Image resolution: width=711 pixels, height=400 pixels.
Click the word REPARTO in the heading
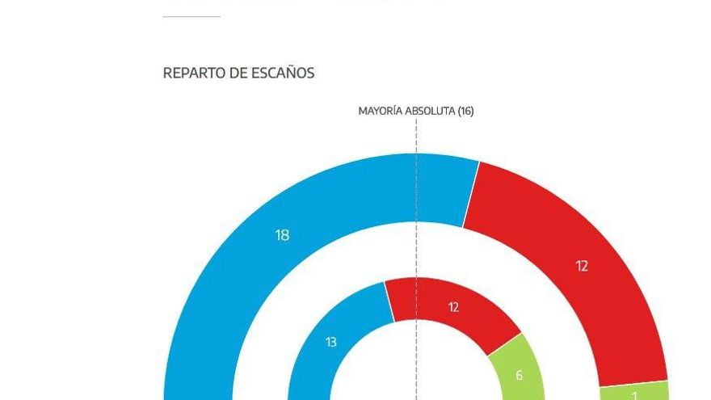(193, 73)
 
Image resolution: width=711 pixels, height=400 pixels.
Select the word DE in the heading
(238, 73)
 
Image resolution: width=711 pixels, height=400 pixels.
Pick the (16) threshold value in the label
(465, 111)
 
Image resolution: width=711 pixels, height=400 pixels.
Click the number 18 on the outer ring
(282, 235)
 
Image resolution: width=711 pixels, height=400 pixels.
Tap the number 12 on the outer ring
(582, 266)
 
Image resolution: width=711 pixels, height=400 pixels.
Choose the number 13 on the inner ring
(330, 342)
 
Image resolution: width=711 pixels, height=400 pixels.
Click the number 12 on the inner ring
(453, 307)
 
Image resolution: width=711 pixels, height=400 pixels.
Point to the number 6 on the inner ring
(519, 375)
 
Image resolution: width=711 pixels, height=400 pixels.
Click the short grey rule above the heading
(191, 16)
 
